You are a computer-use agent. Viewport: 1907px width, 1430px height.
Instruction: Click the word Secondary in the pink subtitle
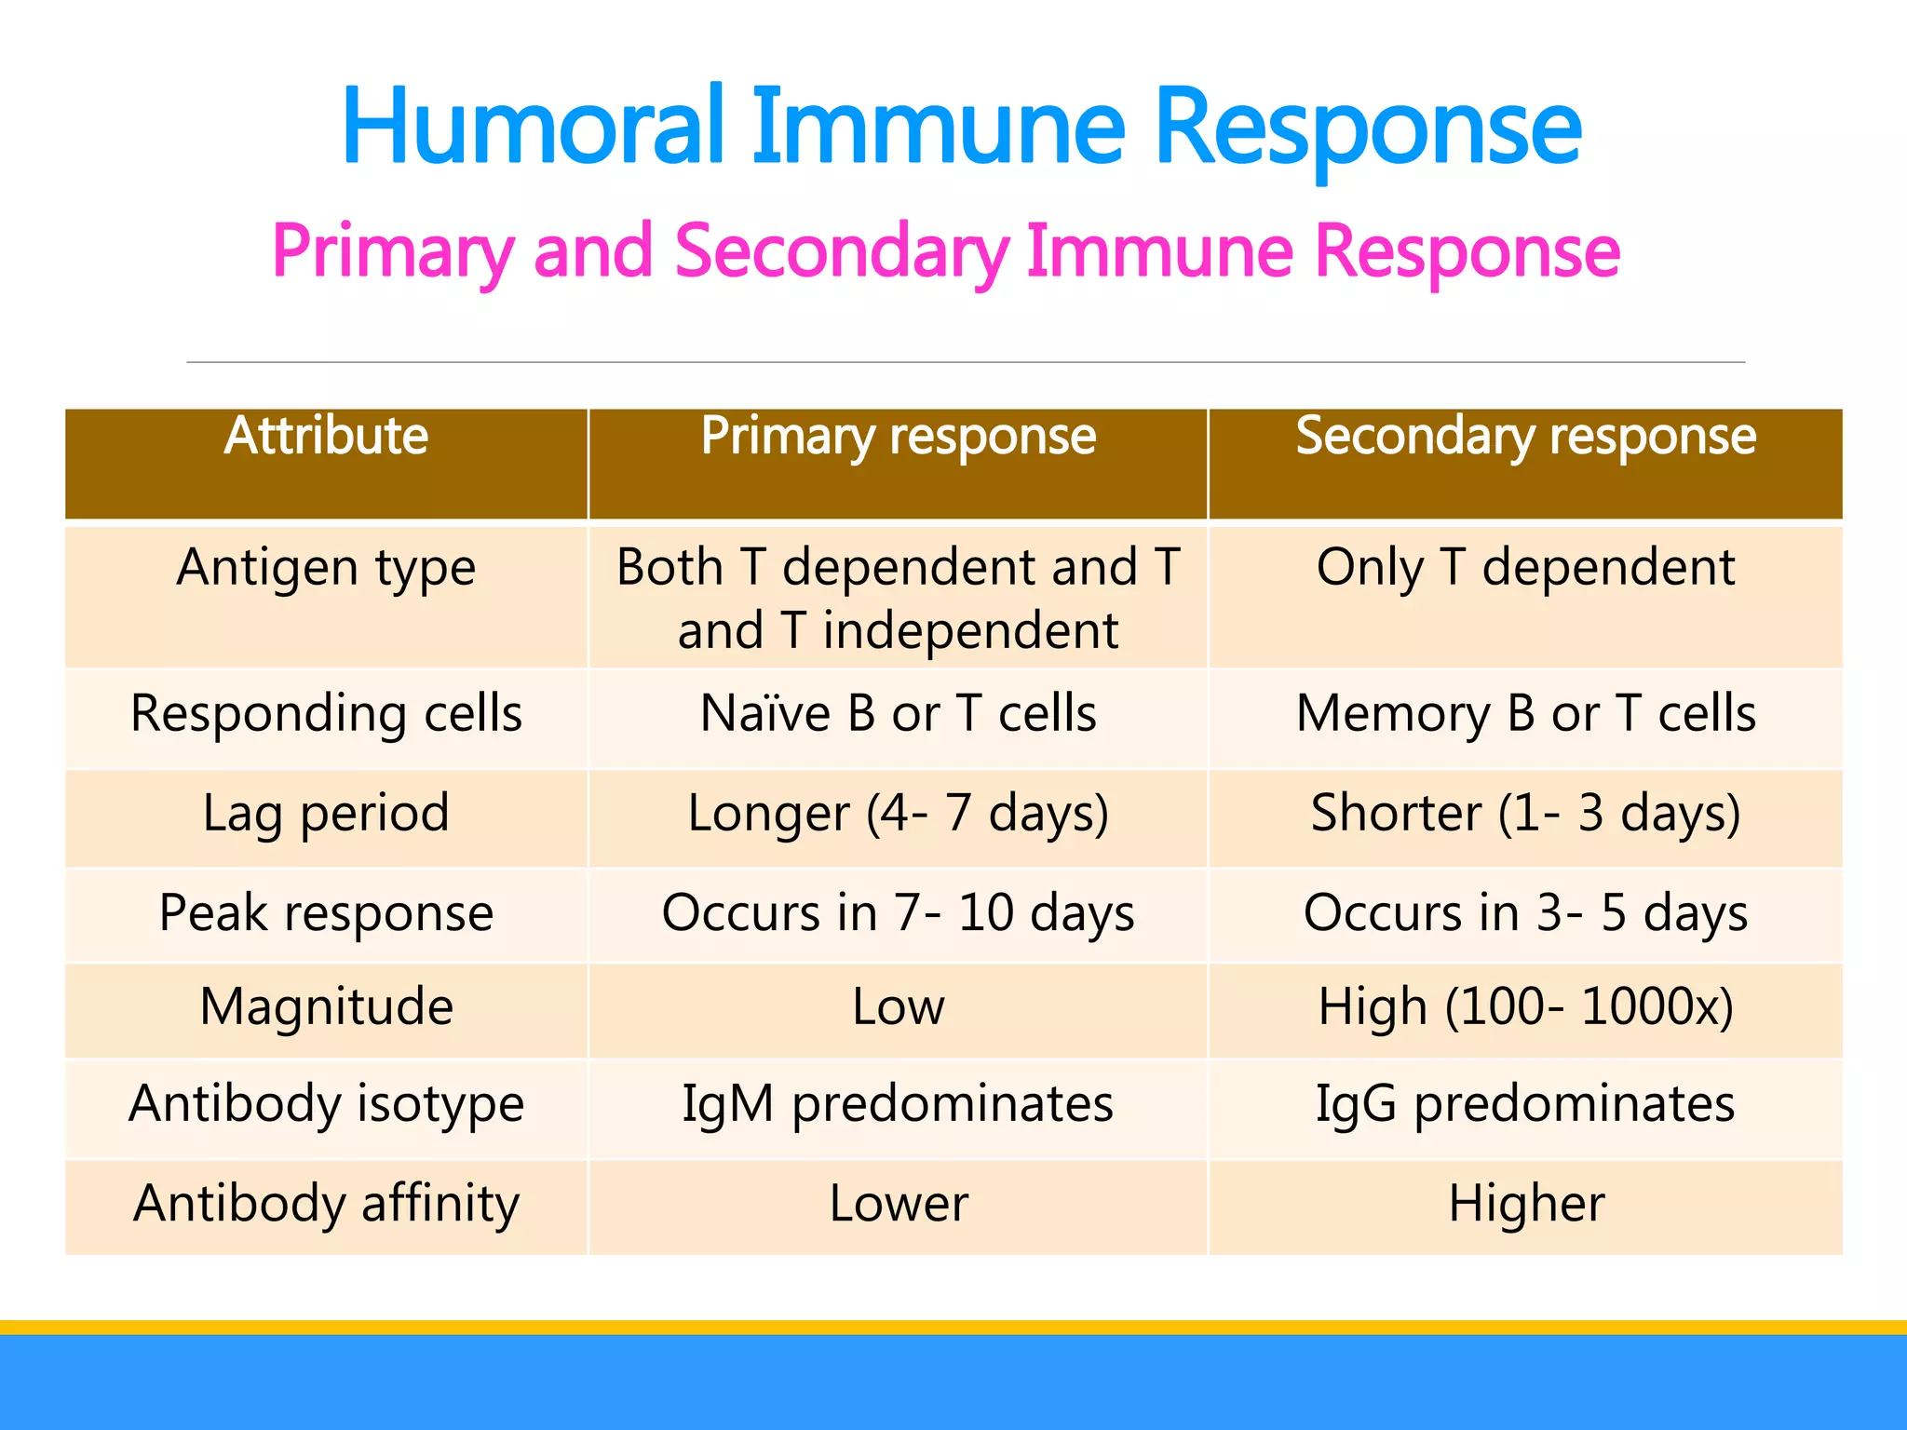[841, 251]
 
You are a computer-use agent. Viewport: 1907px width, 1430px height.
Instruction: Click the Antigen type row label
[326, 567]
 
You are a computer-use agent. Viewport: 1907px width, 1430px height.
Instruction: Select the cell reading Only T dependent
[1525, 567]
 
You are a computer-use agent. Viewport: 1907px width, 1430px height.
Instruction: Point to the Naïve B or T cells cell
[898, 713]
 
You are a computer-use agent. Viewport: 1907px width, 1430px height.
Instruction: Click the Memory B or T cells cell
[1525, 713]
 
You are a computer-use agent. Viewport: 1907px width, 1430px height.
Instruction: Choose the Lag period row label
[326, 813]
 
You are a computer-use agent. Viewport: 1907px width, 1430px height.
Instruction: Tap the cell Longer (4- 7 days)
[898, 813]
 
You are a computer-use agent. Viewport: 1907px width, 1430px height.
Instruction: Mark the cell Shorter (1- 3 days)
[1525, 813]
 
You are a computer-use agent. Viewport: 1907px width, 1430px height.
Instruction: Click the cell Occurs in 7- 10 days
[898, 912]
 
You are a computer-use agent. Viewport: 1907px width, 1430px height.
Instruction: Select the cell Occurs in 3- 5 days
[1525, 912]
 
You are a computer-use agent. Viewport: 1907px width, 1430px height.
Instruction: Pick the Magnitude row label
[326, 1006]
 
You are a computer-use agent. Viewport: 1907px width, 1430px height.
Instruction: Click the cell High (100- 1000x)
[1525, 1006]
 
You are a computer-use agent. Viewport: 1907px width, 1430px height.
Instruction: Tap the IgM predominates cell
[898, 1104]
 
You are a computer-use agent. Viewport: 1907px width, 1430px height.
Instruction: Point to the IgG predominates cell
[1525, 1104]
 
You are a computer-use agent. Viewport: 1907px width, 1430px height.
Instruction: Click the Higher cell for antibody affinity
[1525, 1203]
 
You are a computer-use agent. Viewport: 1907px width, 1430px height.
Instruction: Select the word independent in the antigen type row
[969, 631]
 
